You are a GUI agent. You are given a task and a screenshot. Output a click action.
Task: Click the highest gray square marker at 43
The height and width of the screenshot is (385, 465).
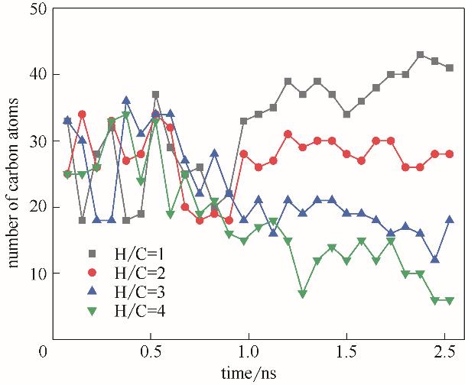[x=420, y=55]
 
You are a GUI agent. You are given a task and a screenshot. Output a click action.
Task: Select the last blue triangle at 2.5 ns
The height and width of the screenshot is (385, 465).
[x=450, y=220]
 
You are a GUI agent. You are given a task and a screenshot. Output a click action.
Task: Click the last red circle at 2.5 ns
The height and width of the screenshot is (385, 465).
[x=450, y=154]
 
